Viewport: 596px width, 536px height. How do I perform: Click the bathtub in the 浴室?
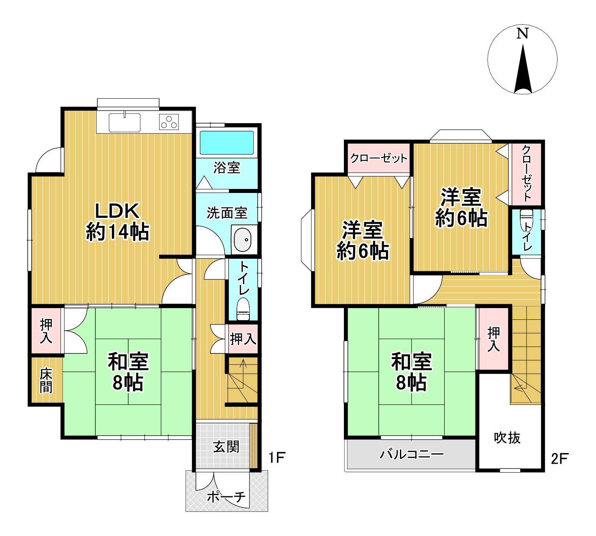tap(226, 142)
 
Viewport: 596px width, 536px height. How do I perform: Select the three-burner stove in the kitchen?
tap(169, 122)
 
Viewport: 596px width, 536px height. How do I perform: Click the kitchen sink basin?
tap(125, 122)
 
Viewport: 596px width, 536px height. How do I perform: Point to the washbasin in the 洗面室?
tap(243, 240)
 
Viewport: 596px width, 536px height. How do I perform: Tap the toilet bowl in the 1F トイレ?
tap(243, 309)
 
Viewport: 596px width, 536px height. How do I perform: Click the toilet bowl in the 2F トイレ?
tap(526, 221)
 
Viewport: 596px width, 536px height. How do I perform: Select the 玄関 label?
tap(226, 447)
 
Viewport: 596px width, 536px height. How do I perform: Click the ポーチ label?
tap(226, 497)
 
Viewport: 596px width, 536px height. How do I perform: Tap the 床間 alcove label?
tap(46, 381)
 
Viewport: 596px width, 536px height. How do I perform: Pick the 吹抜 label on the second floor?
tap(507, 438)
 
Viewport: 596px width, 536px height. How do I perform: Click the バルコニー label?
tap(412, 455)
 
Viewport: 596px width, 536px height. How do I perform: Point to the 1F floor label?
tap(277, 457)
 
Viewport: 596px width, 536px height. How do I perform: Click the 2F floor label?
tap(560, 459)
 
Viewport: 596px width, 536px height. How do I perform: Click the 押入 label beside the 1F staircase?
tap(243, 339)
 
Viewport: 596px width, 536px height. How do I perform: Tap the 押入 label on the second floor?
tap(493, 339)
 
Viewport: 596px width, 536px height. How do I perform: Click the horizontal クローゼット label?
tap(379, 158)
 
